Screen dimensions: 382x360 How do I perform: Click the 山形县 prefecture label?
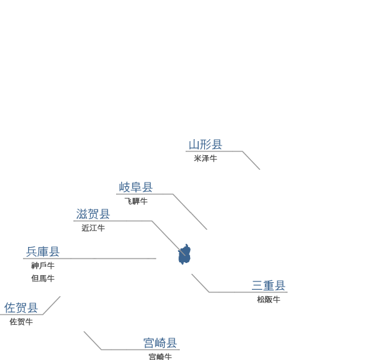click(205, 144)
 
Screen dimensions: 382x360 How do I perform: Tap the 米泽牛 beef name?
click(205, 158)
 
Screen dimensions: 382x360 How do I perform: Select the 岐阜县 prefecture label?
click(136, 187)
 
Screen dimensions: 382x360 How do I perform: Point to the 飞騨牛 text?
click(136, 201)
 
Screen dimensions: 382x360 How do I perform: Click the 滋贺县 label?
click(93, 214)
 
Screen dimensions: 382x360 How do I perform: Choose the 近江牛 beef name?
click(93, 228)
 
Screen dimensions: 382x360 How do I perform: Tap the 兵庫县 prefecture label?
click(43, 251)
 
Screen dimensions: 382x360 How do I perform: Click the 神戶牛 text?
click(43, 266)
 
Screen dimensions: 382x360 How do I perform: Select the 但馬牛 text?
click(43, 278)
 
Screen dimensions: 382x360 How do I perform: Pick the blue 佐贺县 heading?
click(21, 308)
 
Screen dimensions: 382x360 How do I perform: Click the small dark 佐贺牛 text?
click(21, 322)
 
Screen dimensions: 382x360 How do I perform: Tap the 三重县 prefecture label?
click(268, 285)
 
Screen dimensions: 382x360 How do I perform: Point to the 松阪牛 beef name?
click(268, 299)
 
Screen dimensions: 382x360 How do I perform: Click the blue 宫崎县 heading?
click(160, 343)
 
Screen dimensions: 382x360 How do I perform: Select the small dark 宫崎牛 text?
click(160, 357)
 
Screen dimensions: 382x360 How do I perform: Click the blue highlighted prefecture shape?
click(184, 255)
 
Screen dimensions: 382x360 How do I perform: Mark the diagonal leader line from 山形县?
click(251, 160)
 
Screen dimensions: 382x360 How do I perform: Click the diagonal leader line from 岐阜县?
click(190, 212)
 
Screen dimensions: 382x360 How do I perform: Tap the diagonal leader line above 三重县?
click(200, 283)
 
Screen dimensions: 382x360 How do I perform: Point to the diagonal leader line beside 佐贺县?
click(52, 305)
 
